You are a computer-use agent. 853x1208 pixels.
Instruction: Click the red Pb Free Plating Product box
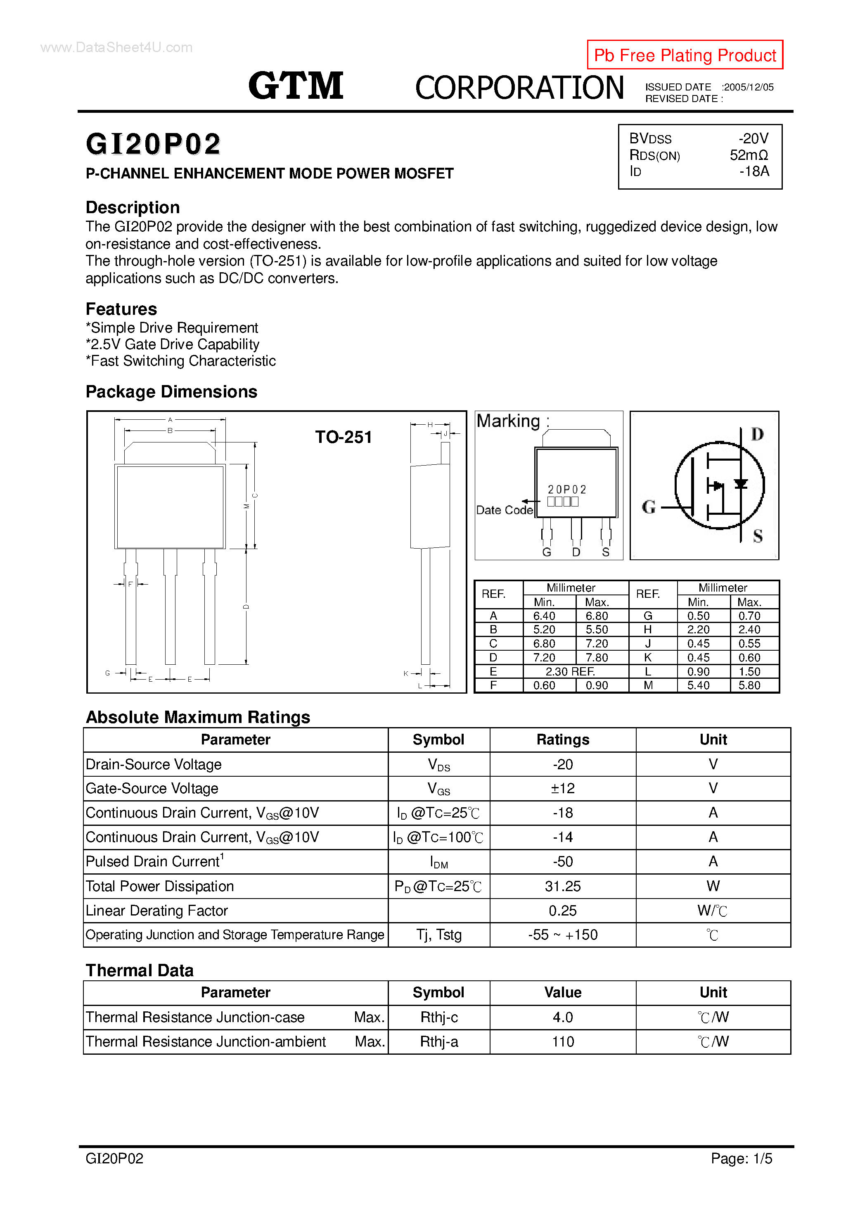pyautogui.click(x=684, y=55)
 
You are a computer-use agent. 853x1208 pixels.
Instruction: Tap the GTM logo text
pyautogui.click(x=296, y=86)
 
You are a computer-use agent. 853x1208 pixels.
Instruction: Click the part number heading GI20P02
pyautogui.click(x=153, y=144)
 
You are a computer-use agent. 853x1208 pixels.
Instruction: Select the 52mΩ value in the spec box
pyautogui.click(x=749, y=155)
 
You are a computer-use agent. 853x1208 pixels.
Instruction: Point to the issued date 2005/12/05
pyautogui.click(x=749, y=87)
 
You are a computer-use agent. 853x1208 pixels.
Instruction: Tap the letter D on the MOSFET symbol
pyautogui.click(x=757, y=434)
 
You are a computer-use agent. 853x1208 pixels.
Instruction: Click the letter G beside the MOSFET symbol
pyautogui.click(x=649, y=507)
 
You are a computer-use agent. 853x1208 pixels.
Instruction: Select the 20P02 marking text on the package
pyautogui.click(x=567, y=489)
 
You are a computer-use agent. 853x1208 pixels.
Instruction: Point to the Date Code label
pyautogui.click(x=504, y=510)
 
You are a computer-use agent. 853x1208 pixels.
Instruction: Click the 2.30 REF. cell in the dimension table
pyautogui.click(x=570, y=671)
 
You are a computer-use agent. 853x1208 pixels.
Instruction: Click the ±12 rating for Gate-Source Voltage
pyautogui.click(x=562, y=788)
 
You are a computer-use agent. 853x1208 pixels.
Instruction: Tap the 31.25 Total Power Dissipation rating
pyautogui.click(x=562, y=886)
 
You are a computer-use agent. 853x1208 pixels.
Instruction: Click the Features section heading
pyautogui.click(x=121, y=309)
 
